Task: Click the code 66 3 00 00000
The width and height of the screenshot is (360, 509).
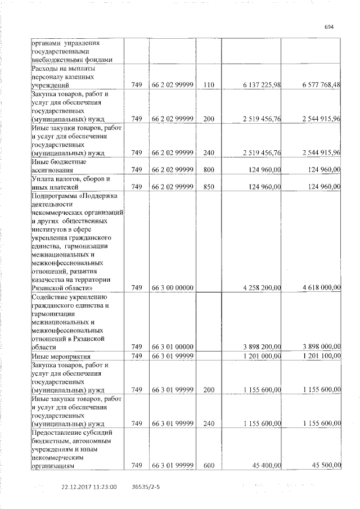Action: coord(173,287)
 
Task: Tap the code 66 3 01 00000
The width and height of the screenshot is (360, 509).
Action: coord(173,347)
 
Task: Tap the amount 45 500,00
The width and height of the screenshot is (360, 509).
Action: coord(326,465)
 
